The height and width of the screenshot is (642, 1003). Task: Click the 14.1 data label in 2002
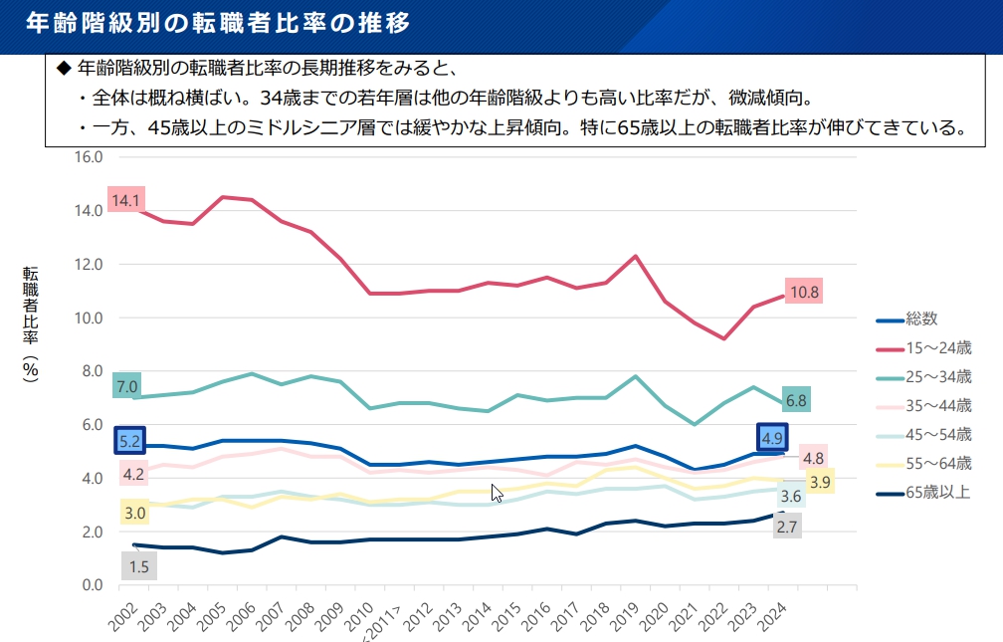tap(125, 201)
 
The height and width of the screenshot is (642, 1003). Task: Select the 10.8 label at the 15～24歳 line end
tap(803, 293)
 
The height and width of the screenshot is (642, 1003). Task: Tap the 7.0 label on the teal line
tap(126, 386)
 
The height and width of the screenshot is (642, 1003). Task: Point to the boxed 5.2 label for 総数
tap(128, 440)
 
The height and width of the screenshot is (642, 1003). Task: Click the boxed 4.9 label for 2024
tap(771, 438)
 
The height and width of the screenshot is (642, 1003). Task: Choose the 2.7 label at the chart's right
tap(786, 527)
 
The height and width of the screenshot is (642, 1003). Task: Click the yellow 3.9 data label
tap(820, 483)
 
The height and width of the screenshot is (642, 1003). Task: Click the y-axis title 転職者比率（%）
tap(31, 323)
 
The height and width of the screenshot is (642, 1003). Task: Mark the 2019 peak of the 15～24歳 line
tap(635, 256)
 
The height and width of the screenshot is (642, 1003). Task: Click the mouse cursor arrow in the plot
tap(497, 493)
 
